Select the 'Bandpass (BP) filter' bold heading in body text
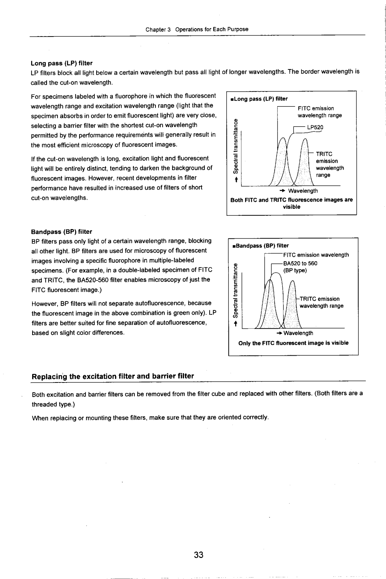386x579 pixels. pyautogui.click(x=62, y=232)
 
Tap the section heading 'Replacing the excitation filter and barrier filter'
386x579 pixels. pyautogui.click(x=113, y=376)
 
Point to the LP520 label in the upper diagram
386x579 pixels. pyautogui.click(x=315, y=127)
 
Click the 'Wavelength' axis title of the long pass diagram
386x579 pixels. pyautogui.click(x=303, y=191)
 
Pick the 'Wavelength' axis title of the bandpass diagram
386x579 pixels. pyautogui.click(x=298, y=333)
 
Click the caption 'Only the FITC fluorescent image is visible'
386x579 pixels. pyautogui.click(x=293, y=343)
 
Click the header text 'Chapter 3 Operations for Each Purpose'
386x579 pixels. pyautogui.click(x=197, y=29)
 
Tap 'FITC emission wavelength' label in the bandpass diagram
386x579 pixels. pyautogui.click(x=316, y=255)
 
